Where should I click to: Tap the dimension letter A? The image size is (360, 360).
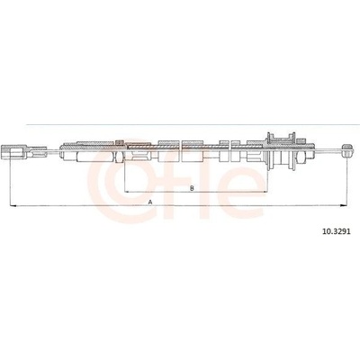click(x=150, y=202)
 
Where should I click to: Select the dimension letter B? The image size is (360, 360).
click(x=193, y=188)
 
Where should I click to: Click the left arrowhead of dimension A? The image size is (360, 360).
click(x=13, y=206)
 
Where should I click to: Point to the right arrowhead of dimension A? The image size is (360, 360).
click(x=345, y=206)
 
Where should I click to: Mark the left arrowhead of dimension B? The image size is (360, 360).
click(x=127, y=192)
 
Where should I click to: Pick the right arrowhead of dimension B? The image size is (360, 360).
click(x=265, y=192)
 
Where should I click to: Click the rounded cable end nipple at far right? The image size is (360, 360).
click(x=347, y=150)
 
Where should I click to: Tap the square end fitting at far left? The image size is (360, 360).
click(x=13, y=151)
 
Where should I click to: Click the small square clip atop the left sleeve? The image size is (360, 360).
click(x=120, y=142)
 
